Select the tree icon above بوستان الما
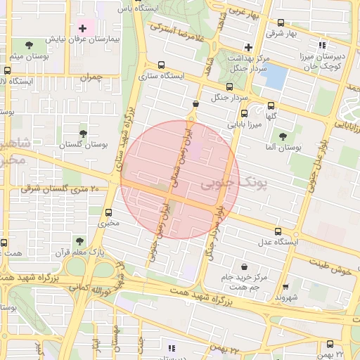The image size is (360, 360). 283,136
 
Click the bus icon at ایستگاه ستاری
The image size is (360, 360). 162,64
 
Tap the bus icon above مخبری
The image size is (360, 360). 108,212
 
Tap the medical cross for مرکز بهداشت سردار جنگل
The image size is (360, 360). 248,46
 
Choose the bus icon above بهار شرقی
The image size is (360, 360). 282,22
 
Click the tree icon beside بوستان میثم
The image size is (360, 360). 28,45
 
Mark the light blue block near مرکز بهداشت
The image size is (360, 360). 275,75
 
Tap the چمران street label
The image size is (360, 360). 91,77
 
